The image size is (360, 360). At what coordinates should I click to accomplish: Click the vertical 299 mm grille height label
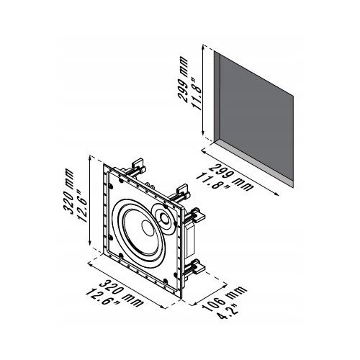[x=183, y=79]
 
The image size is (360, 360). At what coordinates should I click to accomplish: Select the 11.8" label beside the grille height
[x=197, y=94]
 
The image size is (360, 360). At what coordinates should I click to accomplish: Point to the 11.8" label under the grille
[x=212, y=181]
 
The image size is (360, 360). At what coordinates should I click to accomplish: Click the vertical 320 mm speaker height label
[x=68, y=191]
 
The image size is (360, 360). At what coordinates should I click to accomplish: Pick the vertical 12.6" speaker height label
[x=82, y=206]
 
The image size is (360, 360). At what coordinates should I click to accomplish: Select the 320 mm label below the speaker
[x=121, y=293]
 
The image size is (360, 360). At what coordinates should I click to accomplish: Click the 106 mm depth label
[x=225, y=299]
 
